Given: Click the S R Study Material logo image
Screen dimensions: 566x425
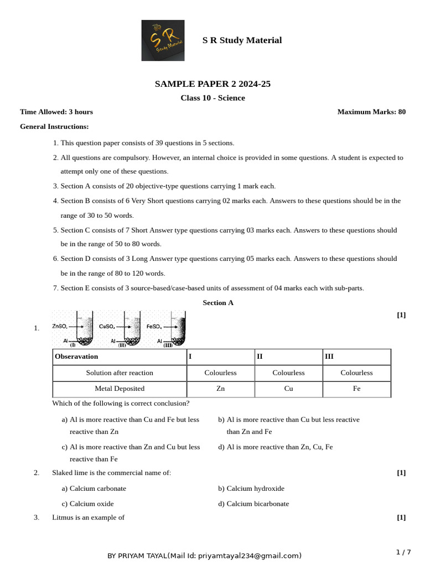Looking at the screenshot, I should point(163,40).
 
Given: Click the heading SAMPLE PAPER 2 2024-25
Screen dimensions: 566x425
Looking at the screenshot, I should point(212,84).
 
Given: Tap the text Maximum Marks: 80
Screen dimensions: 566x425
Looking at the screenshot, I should point(371,112).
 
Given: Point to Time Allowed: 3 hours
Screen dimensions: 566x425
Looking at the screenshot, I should point(56,112).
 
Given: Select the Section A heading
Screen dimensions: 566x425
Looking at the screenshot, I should point(218,302).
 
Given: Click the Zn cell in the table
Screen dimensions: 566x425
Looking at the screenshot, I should point(220,389).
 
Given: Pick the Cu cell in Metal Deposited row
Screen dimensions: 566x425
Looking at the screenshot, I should point(288,389).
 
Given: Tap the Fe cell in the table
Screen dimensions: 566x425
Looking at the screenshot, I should point(356,389).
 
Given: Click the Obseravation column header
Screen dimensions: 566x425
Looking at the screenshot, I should point(76,357).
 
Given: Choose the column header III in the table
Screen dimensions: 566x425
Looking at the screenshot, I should point(329,357).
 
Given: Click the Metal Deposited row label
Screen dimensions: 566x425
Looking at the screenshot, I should point(120,389).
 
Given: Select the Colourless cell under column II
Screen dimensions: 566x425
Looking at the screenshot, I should point(288,373).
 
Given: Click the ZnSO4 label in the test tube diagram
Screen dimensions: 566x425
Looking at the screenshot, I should point(60,327).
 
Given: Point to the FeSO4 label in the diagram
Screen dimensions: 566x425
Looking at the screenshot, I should point(154,327).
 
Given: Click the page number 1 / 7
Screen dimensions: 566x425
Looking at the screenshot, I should point(403,552).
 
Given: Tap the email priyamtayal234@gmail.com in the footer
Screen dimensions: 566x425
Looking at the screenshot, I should point(249,555).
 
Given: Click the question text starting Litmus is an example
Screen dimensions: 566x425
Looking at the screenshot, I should point(88,517).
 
